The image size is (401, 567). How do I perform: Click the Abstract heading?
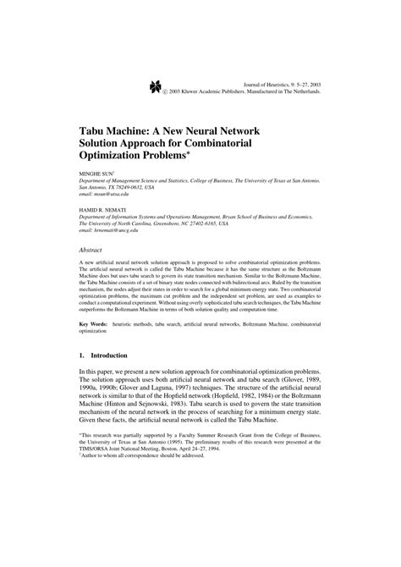pos(91,252)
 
